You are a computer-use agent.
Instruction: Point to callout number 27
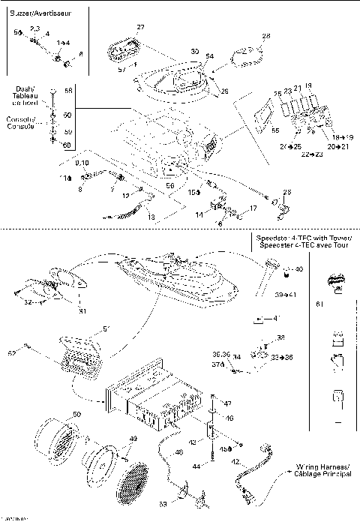(x=140, y=28)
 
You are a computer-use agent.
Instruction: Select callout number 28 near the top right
(x=265, y=35)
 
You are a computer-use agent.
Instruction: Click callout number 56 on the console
(x=169, y=184)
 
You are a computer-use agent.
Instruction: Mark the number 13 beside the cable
(x=151, y=217)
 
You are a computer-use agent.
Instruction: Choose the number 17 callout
(x=253, y=208)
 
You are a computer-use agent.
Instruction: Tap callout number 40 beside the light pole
(x=298, y=268)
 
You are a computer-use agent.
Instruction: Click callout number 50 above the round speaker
(x=76, y=414)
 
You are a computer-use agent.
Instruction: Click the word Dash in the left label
(x=22, y=89)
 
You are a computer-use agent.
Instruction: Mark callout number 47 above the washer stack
(x=228, y=403)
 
